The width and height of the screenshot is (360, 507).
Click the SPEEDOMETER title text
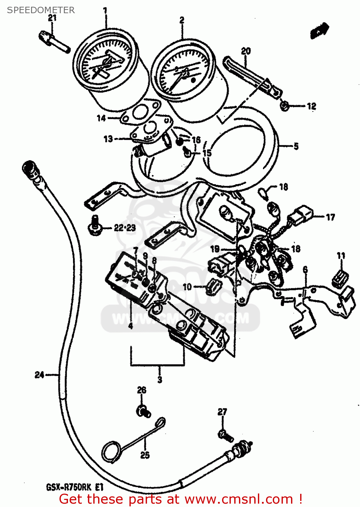[x=41, y=10]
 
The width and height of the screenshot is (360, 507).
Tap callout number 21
[x=52, y=18]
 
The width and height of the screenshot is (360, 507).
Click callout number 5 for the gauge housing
[x=296, y=146]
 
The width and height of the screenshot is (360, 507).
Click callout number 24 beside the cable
[x=39, y=375]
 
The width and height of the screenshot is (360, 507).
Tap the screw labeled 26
[x=144, y=412]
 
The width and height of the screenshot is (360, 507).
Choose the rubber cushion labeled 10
[x=213, y=286]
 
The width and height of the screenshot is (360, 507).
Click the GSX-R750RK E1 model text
[x=74, y=487]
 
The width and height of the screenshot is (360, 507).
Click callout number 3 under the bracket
[x=160, y=379]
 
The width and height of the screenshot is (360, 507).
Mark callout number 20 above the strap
[x=246, y=51]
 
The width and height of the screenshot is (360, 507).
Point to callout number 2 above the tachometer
[x=182, y=20]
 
